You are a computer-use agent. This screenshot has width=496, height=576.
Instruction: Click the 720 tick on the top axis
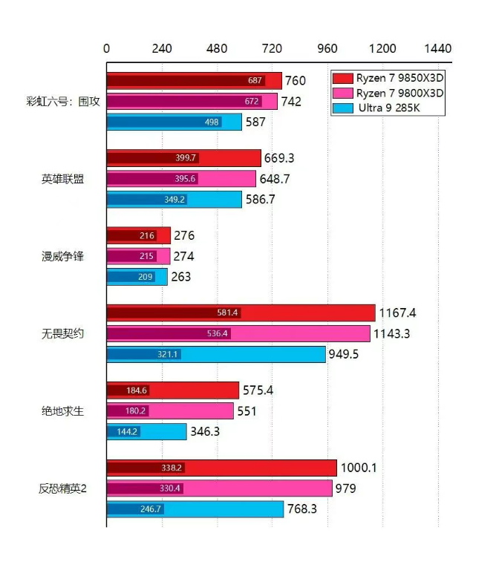tap(273, 49)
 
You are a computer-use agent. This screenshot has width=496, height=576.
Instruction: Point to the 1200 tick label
tap(382, 49)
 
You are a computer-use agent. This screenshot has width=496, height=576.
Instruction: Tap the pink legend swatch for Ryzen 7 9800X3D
tap(342, 94)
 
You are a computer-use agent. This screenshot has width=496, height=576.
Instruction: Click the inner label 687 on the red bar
tap(255, 81)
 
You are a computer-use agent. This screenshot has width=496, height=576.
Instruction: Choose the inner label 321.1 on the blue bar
tap(168, 355)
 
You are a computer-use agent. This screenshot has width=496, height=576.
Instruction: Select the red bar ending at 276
tap(138, 236)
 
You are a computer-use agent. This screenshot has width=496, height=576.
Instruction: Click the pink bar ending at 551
tap(169, 410)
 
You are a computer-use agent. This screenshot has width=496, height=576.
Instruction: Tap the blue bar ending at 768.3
tap(195, 509)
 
